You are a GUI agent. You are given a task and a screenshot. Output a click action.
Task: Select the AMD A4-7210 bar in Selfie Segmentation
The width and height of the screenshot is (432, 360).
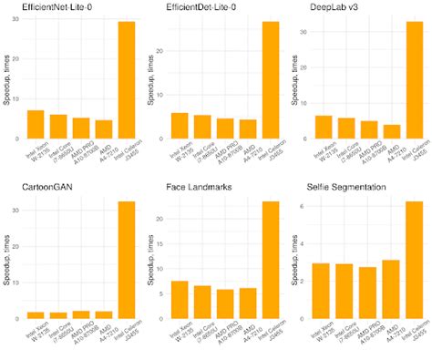(x=391, y=289)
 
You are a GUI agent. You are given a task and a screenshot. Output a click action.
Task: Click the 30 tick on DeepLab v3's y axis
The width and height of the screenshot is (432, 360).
(x=304, y=32)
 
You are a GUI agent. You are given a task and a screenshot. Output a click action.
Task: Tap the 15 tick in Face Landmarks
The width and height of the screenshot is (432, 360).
(x=160, y=245)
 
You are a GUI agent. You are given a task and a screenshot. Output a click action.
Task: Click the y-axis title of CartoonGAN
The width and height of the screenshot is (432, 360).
(x=6, y=265)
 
